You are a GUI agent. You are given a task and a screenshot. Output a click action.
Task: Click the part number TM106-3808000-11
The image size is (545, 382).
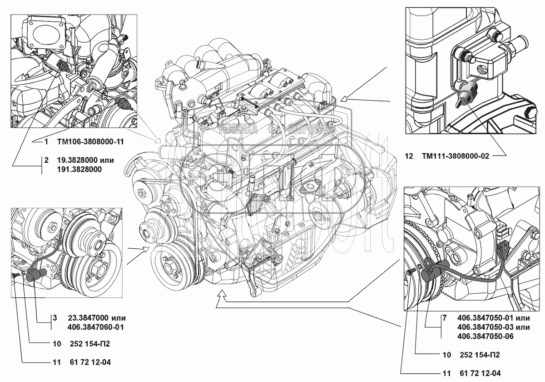90,142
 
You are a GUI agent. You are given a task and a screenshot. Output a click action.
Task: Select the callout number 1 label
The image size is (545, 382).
46,142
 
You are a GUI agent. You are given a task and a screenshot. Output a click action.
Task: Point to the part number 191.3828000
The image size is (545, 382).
79,169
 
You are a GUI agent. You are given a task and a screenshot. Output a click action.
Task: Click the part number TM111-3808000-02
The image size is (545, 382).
457,156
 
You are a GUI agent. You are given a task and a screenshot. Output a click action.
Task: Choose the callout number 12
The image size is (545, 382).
409,156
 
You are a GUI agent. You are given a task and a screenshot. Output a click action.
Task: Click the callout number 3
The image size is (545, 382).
54,318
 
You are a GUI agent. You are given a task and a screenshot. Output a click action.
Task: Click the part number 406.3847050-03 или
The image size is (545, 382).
494,327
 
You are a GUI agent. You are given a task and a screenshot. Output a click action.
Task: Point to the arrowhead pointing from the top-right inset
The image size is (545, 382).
343,97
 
